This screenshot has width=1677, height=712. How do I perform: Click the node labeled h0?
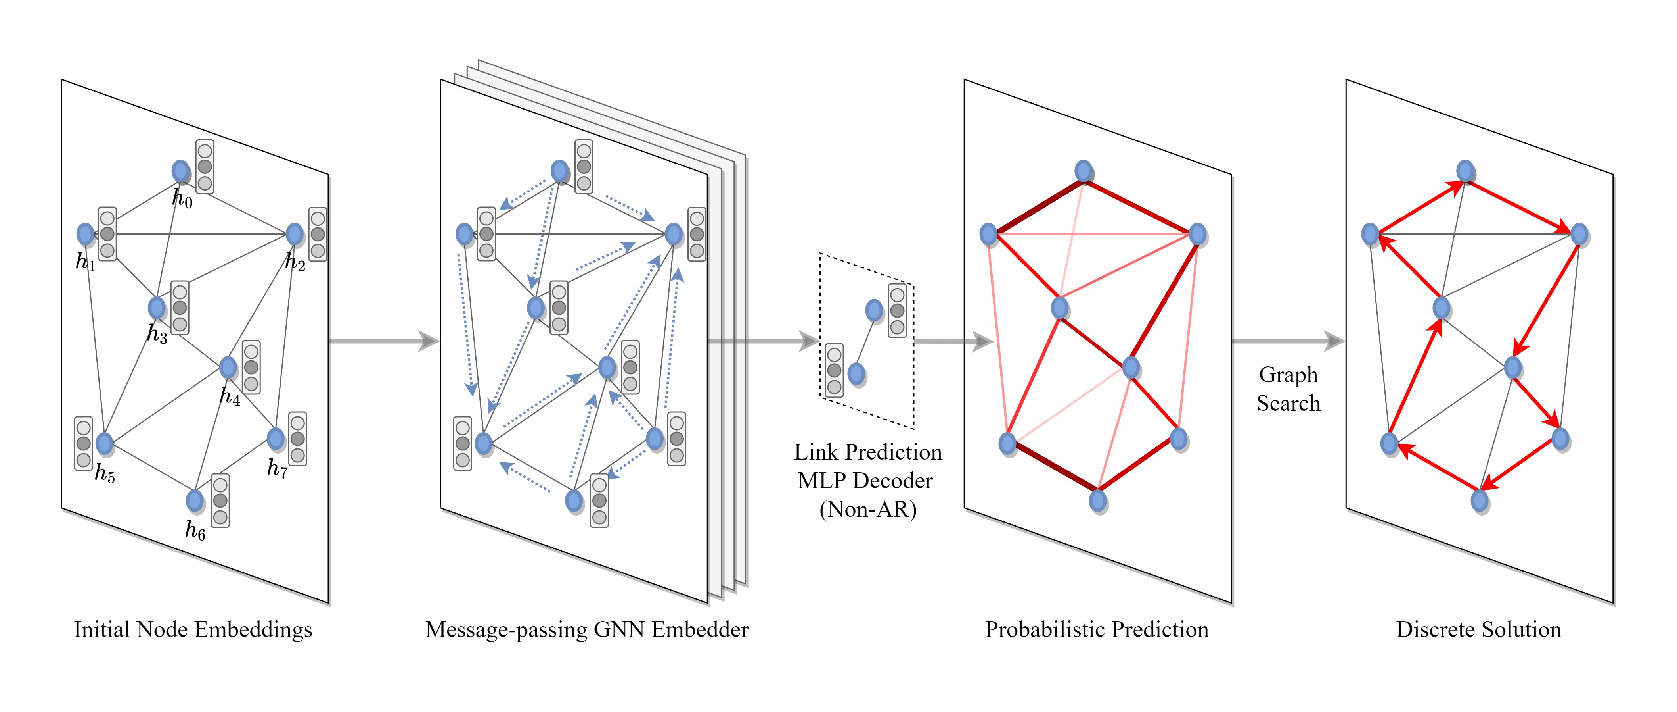coord(180,171)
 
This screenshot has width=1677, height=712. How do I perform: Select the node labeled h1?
coord(85,234)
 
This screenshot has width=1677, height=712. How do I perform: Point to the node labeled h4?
coord(228,368)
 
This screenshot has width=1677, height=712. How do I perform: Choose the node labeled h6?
coord(195,500)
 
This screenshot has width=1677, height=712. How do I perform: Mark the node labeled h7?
coord(276,439)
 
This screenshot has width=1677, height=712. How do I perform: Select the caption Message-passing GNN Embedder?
coord(587,629)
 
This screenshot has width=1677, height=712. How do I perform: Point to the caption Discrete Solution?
coord(1478,629)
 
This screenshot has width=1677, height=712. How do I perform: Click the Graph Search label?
coord(1288,389)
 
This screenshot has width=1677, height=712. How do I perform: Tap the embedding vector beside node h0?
coord(205,167)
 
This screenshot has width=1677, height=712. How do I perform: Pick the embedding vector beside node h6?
coord(220,501)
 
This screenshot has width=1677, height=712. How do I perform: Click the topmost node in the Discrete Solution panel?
coord(1465,171)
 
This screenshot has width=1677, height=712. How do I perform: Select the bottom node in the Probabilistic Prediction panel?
coord(1098,500)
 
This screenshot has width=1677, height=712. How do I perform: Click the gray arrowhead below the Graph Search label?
coord(1334,341)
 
